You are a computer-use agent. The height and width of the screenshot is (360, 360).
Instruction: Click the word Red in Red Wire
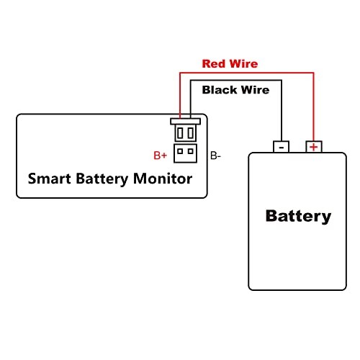[213, 64]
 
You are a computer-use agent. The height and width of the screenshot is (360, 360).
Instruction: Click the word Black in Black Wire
[220, 90]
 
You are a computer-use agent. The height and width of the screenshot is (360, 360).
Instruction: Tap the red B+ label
[160, 156]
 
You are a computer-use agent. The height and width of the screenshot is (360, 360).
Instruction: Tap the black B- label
[215, 156]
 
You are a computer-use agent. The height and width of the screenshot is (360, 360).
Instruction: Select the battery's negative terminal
[281, 146]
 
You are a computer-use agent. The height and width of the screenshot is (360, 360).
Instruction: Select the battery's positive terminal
[314, 146]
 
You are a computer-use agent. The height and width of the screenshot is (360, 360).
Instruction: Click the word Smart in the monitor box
[49, 179]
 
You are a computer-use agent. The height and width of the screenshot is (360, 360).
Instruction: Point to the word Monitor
[163, 179]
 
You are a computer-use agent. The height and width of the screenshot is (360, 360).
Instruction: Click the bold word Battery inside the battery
[298, 216]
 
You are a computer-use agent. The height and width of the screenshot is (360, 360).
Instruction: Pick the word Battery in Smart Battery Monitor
[102, 179]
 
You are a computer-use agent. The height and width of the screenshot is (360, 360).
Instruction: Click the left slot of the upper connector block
[180, 132]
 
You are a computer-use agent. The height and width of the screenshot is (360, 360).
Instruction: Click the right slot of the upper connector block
[191, 132]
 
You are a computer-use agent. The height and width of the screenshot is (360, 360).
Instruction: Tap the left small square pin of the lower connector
[180, 151]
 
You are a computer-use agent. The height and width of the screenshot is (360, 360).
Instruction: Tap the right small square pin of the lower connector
[191, 151]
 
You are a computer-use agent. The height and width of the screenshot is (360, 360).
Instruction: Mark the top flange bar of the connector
[185, 121]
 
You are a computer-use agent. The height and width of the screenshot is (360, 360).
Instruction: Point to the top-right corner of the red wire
[313, 73]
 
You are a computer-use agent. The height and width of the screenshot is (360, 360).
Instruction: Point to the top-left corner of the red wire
[180, 73]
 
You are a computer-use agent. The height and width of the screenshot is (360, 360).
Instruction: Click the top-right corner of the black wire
[282, 81]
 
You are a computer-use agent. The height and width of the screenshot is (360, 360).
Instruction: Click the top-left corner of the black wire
[191, 81]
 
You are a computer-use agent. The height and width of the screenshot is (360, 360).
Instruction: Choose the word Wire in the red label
[243, 64]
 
